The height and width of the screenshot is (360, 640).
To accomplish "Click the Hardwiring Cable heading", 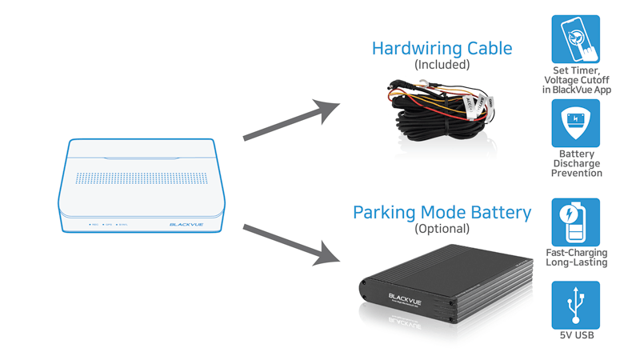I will pyautogui.click(x=442, y=48).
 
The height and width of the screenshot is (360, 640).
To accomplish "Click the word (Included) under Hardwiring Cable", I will pyautogui.click(x=442, y=64).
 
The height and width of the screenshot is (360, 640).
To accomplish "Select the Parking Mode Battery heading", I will pyautogui.click(x=442, y=213).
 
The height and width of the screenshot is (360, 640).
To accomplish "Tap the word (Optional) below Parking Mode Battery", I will pyautogui.click(x=442, y=229).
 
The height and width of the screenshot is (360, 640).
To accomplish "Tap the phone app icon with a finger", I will pyautogui.click(x=576, y=38).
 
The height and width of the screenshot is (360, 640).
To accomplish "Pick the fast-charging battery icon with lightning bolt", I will pyautogui.click(x=576, y=222).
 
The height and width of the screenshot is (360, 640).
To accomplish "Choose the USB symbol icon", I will pyautogui.click(x=576, y=305).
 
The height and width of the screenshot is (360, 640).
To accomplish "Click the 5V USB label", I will pyautogui.click(x=576, y=336).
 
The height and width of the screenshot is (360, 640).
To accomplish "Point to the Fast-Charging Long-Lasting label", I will pyautogui.click(x=576, y=258).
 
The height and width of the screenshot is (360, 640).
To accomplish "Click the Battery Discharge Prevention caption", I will pyautogui.click(x=576, y=163).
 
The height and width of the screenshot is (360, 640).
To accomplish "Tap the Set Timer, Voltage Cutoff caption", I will pyautogui.click(x=576, y=80).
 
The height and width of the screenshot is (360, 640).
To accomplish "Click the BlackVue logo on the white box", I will pyautogui.click(x=186, y=225).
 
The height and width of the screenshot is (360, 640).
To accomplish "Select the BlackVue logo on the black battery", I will pyautogui.click(x=405, y=298).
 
